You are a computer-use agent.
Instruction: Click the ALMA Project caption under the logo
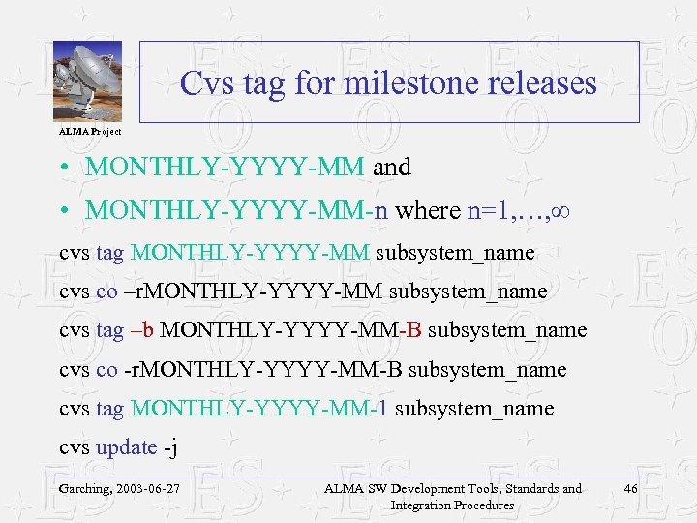[90, 131]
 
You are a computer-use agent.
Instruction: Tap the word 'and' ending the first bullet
[392, 168]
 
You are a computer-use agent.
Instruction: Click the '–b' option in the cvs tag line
[141, 330]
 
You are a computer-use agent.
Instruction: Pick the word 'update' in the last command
[126, 447]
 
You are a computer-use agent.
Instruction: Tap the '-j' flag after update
[170, 447]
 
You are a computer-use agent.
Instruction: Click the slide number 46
[630, 489]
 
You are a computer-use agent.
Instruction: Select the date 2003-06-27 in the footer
[151, 489]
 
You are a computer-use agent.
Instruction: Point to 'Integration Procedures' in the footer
[451, 505]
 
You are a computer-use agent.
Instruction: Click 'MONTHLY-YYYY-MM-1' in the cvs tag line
[259, 409]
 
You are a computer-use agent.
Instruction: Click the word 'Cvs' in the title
[204, 83]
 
